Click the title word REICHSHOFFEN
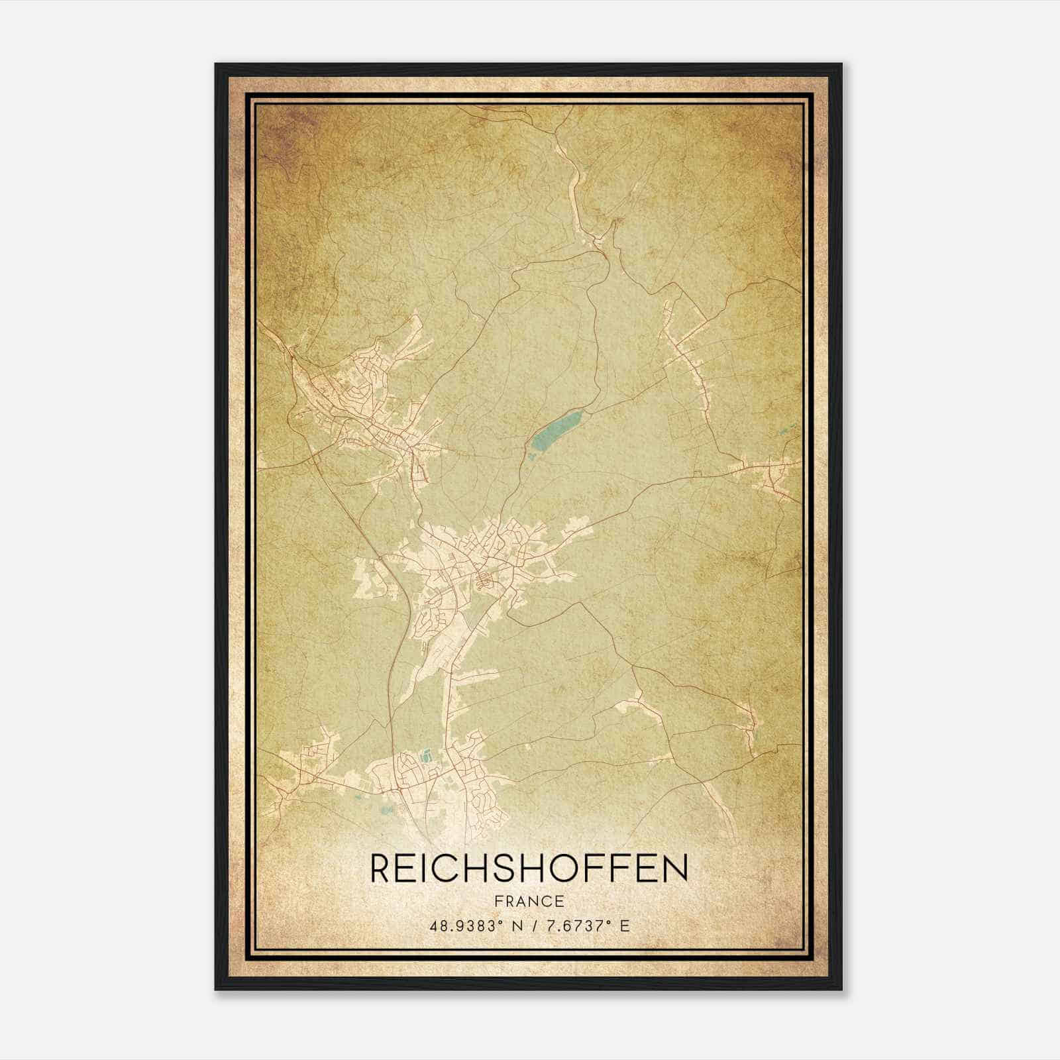tap(529, 869)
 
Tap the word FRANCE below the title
tap(529, 901)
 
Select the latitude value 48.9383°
tap(462, 926)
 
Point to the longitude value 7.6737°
tap(576, 926)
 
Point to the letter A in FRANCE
tap(520, 901)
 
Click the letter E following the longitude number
tap(625, 926)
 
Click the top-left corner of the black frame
tap(217, 65)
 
